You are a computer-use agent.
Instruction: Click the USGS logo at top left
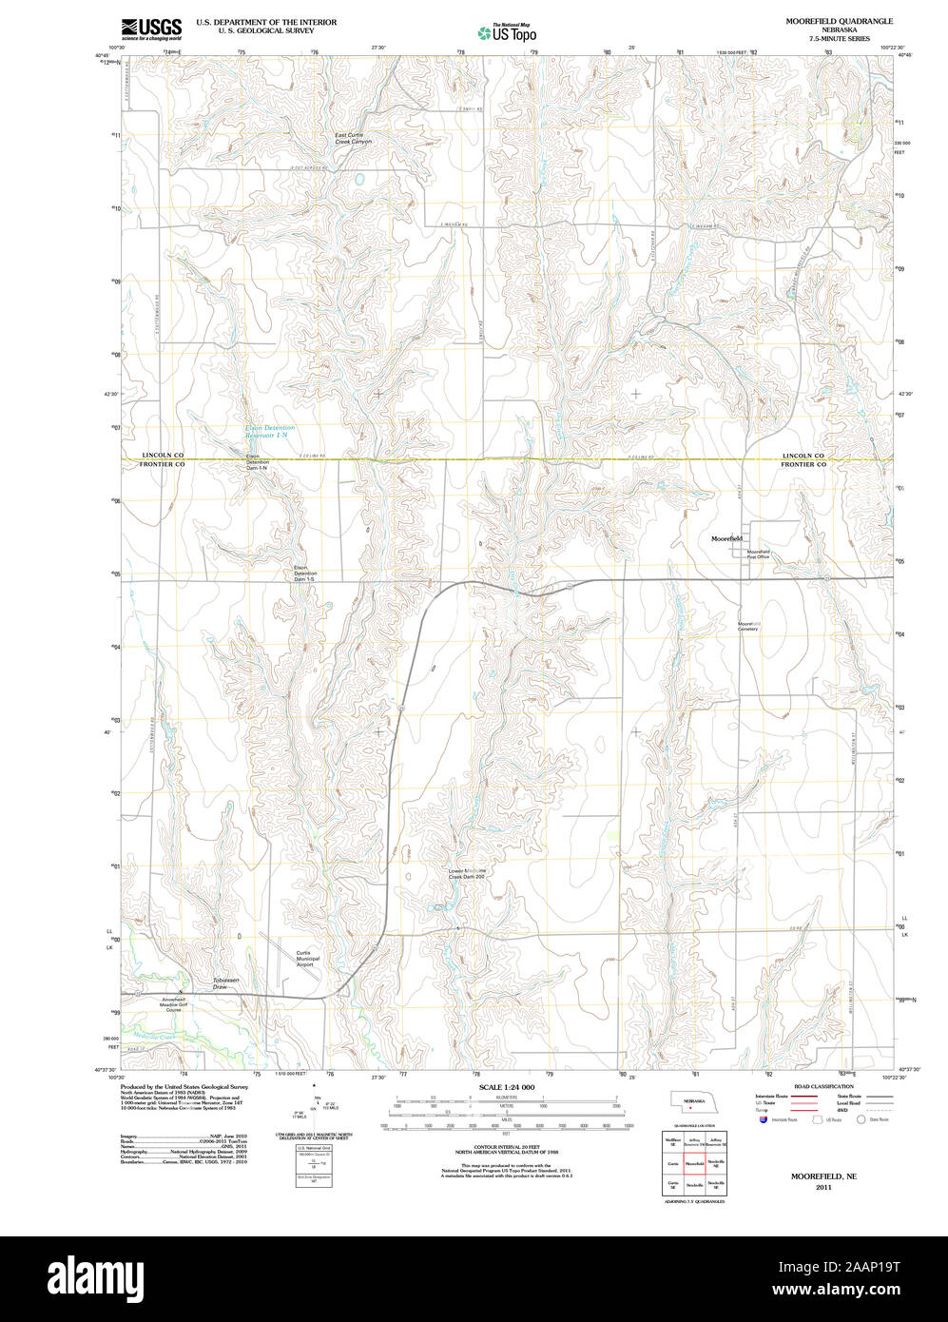point(150,29)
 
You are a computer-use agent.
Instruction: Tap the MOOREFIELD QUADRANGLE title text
point(825,20)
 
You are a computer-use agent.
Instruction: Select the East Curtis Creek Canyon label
point(353,138)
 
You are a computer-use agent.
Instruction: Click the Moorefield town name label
point(726,538)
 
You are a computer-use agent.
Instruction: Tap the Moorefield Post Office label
point(758,554)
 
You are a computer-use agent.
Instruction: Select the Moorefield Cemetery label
point(748,627)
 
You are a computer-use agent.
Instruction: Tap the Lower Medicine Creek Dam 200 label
point(468,873)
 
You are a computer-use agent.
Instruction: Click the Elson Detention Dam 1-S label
point(305,574)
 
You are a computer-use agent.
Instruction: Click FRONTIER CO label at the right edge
point(803,465)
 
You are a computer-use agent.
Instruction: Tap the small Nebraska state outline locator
point(692,1102)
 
